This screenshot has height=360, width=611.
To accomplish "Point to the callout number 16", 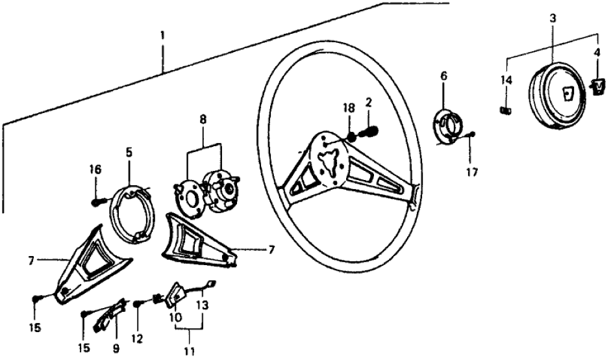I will [x=95, y=170].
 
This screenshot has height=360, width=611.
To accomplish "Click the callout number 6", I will [x=443, y=75].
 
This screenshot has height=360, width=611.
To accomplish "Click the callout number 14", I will [x=506, y=80].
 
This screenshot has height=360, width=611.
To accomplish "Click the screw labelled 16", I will [x=96, y=201].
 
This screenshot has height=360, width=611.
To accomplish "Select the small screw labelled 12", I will [x=137, y=303].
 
